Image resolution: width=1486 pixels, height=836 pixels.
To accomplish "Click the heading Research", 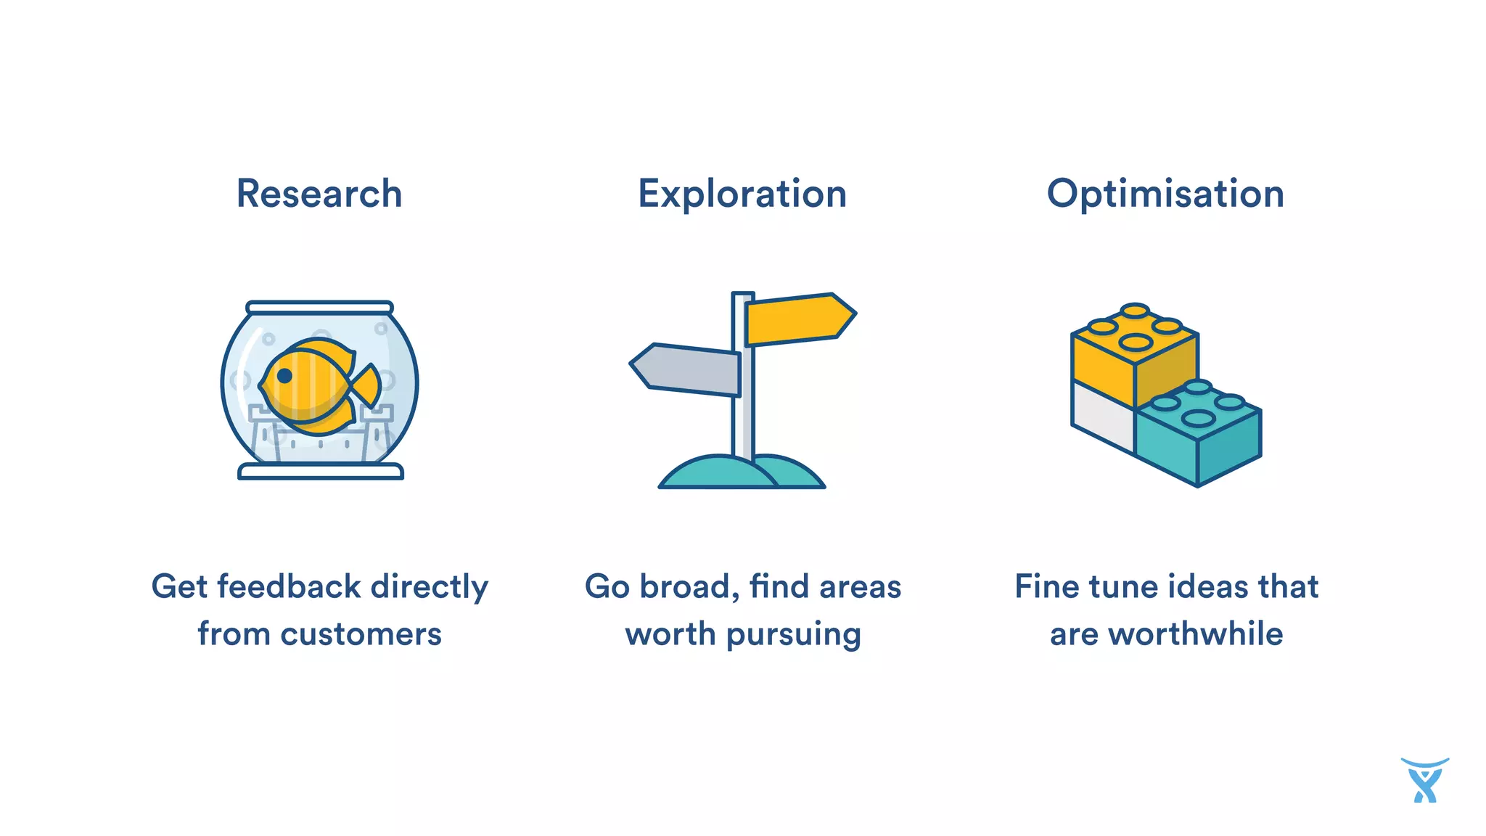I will coord(319,194).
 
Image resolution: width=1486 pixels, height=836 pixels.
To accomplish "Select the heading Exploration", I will coord(742,194).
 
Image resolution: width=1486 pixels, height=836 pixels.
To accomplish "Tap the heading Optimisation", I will coord(1165,194).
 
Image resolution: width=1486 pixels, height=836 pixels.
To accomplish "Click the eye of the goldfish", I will coord(284,375).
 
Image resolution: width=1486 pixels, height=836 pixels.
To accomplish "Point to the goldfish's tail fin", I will coord(366,385).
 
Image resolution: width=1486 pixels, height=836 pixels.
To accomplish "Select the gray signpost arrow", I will coord(686,369).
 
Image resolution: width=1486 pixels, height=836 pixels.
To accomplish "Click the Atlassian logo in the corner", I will coord(1424,780).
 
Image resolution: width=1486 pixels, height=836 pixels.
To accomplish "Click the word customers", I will coord(361,634).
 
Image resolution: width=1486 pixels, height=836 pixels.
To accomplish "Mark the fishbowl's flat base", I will coord(320,472).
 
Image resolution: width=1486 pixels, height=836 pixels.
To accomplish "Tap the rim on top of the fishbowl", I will coord(319,307).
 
